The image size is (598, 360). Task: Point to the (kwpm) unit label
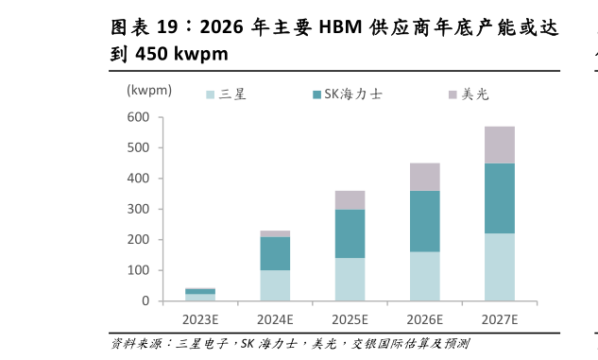click(149, 90)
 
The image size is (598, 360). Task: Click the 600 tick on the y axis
click(138, 117)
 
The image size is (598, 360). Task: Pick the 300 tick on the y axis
click(138, 209)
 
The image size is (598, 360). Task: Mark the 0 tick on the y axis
click(145, 300)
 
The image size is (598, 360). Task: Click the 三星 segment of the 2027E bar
click(500, 266)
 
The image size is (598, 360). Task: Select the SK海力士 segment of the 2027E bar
click(500, 198)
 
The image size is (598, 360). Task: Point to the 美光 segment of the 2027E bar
click(500, 145)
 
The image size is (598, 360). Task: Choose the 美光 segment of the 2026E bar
click(425, 177)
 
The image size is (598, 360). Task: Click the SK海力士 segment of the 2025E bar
click(350, 233)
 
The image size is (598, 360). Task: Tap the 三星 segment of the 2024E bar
click(275, 285)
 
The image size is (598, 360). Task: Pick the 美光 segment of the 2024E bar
click(275, 233)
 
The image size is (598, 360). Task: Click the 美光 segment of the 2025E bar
click(350, 199)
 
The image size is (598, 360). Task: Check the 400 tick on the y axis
click(138, 179)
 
